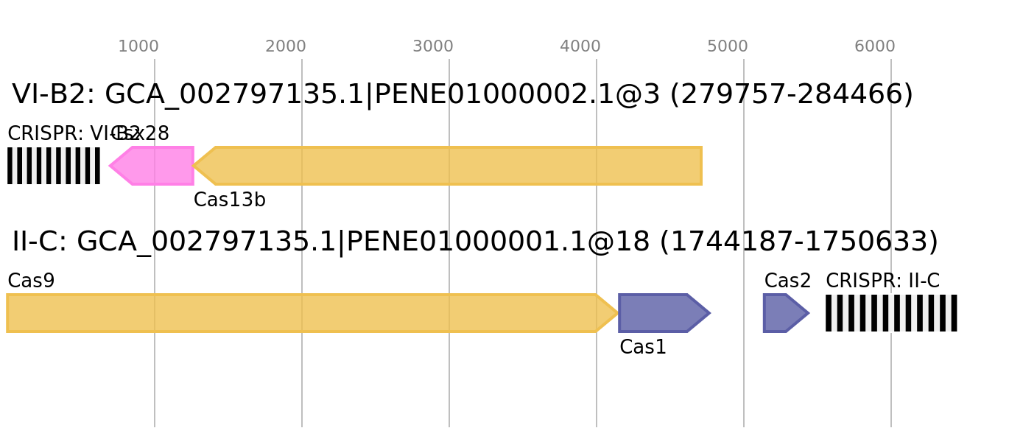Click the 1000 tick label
[138, 46]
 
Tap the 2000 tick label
[286, 46]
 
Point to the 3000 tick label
[433, 46]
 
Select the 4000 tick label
[580, 46]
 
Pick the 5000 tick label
[728, 46]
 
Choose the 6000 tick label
[875, 46]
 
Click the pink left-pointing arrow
[155, 166]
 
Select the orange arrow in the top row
[457, 166]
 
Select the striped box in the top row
[54, 166]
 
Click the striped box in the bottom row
[891, 313]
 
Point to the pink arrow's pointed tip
[109, 166]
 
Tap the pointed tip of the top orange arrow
[194, 166]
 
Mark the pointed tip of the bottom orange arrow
[618, 313]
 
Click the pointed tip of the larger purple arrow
[711, 313]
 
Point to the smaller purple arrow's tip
[809, 313]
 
